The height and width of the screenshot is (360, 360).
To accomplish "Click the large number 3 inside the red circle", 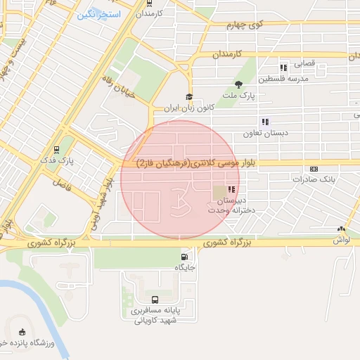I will pos(180,200).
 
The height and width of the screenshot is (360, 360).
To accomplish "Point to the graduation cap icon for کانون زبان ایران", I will pos(188,97).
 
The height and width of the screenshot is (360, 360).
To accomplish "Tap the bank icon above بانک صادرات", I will pos(313,169).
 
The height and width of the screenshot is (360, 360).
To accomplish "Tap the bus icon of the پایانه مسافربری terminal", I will pos(155,300).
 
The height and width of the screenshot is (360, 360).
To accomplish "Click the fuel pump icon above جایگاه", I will pos(184,257).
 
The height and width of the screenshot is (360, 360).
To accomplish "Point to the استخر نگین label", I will pos(98,15).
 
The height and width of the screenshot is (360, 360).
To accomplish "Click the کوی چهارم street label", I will pos(243,25).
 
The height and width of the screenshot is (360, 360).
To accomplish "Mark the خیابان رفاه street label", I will pos(117,89).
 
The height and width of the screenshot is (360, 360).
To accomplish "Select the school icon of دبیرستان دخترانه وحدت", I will pos(231,189).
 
